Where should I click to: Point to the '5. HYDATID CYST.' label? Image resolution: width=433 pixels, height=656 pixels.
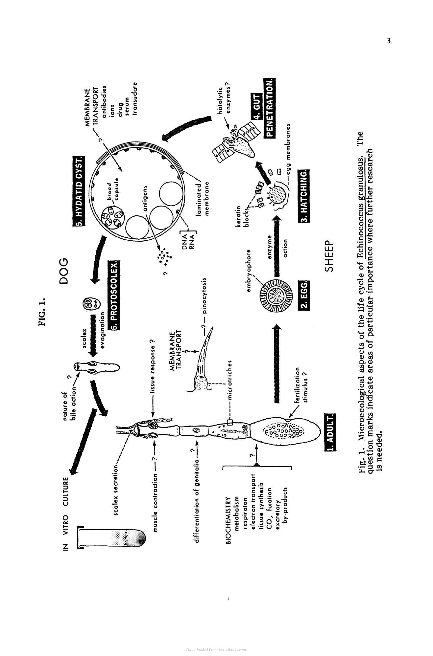pos(79,191)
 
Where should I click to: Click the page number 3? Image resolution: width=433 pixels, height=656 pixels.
pos(389,41)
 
